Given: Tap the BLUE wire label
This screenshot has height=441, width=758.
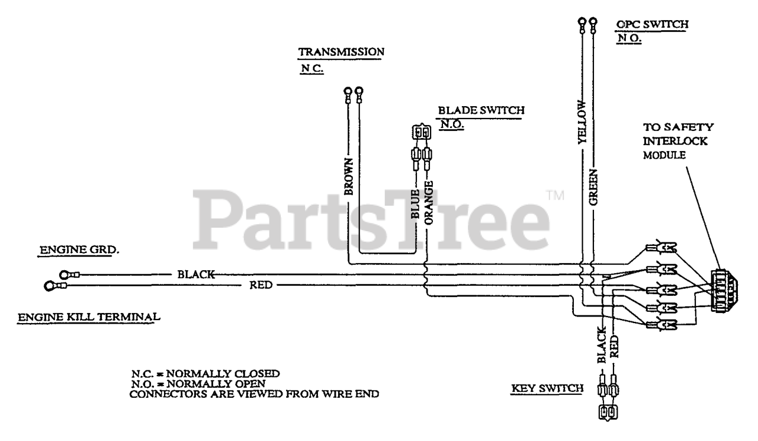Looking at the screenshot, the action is pos(416,205).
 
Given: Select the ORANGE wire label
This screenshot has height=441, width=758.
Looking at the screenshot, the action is pos(429,202).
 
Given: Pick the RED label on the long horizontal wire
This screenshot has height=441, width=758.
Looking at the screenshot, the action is pos(261,286).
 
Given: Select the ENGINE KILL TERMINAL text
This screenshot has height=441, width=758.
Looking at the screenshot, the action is pos(89,317).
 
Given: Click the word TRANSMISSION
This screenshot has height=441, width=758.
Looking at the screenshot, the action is pos(341,52).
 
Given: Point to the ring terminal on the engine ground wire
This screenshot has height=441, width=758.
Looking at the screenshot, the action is pos(65,274).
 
